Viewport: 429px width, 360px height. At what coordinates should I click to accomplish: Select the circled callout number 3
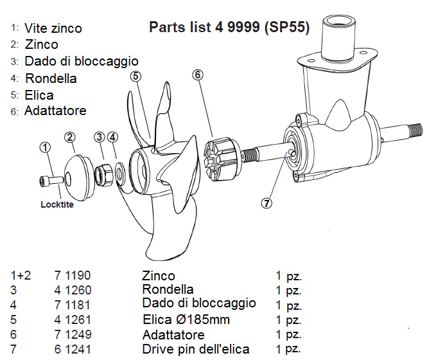(99, 136)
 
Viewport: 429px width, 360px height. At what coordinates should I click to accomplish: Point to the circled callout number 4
(112, 136)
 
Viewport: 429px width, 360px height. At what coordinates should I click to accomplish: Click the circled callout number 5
(136, 76)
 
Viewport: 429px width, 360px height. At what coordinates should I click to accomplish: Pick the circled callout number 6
(198, 75)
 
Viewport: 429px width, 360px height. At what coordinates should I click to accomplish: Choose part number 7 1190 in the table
(73, 276)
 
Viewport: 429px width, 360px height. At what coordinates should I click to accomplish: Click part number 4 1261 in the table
(73, 319)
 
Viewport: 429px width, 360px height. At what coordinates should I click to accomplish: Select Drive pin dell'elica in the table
(196, 349)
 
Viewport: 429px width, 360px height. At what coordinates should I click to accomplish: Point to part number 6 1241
(73, 349)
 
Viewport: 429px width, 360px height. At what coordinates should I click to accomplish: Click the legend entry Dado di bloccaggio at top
(82, 62)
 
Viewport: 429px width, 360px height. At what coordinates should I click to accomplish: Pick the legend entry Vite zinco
(53, 28)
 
